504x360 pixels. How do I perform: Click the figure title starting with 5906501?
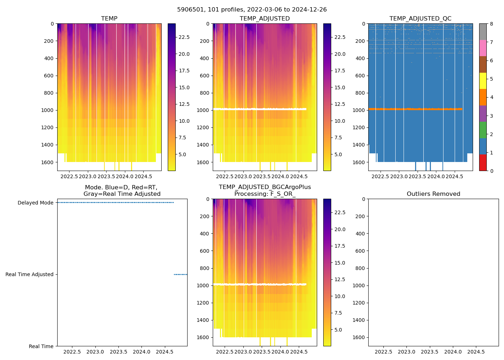click(x=252, y=10)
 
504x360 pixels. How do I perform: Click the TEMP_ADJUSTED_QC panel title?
click(x=420, y=19)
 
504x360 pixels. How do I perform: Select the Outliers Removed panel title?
click(x=433, y=194)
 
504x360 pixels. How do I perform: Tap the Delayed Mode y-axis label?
click(x=36, y=203)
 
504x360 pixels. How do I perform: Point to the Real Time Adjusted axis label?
click(x=30, y=274)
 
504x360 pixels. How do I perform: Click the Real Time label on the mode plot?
click(x=41, y=346)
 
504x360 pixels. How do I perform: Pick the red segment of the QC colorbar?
click(x=483, y=163)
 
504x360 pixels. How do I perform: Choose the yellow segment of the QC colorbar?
click(x=483, y=81)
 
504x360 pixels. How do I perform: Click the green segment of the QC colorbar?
click(x=483, y=130)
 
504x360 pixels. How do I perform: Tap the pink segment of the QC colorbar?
click(x=483, y=48)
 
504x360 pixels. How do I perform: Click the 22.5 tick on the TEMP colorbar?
click(x=184, y=37)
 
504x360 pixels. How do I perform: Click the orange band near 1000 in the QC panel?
click(x=414, y=109)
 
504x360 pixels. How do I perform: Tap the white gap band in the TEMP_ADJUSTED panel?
click(x=259, y=109)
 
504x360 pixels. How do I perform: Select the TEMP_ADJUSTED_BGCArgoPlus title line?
click(x=265, y=187)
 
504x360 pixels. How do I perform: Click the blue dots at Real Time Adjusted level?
click(x=180, y=274)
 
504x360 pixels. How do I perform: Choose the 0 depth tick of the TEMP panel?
click(x=52, y=24)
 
